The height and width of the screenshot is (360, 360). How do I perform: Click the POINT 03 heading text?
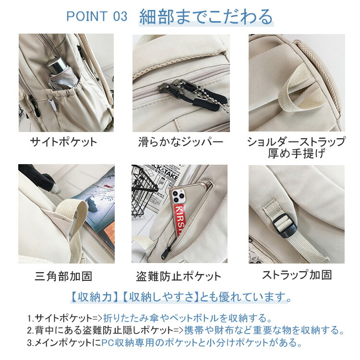point(96,16)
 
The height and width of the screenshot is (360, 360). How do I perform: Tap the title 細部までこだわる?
point(206,17)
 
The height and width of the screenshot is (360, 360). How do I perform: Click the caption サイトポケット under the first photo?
point(63,142)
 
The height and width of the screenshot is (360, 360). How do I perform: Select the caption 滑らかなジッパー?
point(180,142)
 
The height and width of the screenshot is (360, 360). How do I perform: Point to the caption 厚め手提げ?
point(297,154)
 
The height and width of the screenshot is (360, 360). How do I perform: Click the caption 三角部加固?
point(63,276)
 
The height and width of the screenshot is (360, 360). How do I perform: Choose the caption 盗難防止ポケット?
point(179,276)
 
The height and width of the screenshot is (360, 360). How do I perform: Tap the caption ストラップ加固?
point(297,275)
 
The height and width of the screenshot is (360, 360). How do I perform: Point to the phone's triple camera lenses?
point(178,196)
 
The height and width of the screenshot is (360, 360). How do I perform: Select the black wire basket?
point(143,191)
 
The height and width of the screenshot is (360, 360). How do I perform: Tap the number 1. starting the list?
point(31,318)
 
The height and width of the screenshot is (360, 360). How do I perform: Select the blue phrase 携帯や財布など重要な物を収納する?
point(264,330)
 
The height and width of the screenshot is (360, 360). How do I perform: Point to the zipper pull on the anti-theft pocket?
point(165,252)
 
